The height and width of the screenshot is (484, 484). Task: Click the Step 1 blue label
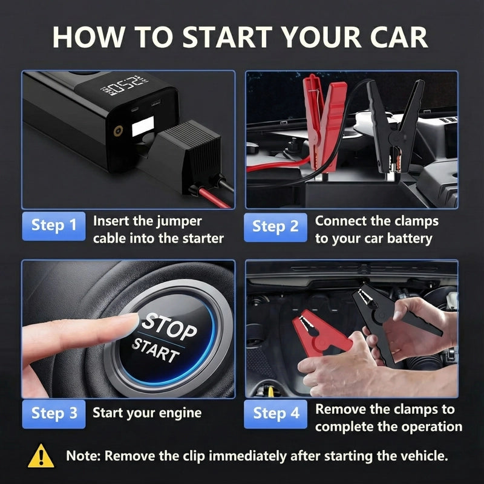pyautogui.click(x=54, y=226)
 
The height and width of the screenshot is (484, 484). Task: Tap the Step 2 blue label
pyautogui.click(x=275, y=227)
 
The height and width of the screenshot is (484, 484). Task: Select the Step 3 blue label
pyautogui.click(x=54, y=414)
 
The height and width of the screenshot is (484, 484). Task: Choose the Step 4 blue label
pyautogui.click(x=275, y=414)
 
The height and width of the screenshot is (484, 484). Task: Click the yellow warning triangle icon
pyautogui.click(x=41, y=456)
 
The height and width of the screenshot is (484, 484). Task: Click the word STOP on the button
pyautogui.click(x=169, y=326)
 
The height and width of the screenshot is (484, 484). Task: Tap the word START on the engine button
pyautogui.click(x=155, y=350)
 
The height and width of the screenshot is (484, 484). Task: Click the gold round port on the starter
pyautogui.click(x=118, y=131)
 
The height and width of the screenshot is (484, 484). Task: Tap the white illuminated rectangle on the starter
pyautogui.click(x=143, y=126)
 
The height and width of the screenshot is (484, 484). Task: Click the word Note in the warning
pyautogui.click(x=83, y=456)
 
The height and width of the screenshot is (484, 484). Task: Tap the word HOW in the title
pyautogui.click(x=89, y=37)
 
